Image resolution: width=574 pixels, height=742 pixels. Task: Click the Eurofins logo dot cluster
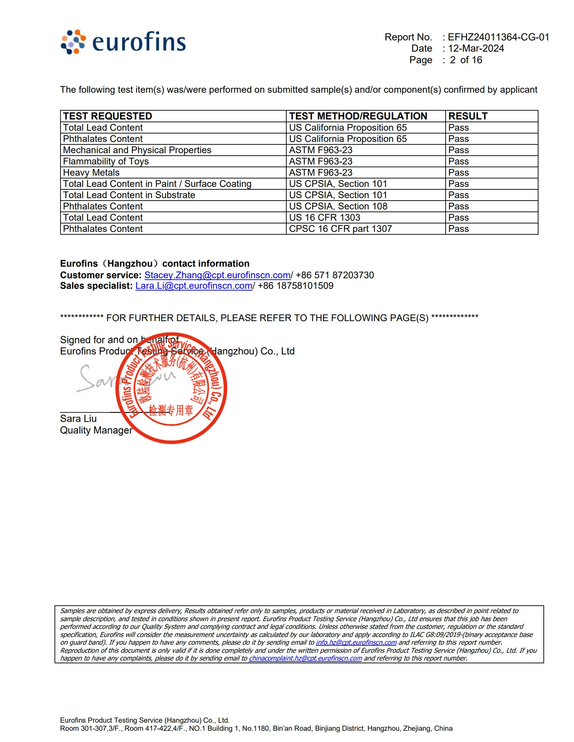pos(73,42)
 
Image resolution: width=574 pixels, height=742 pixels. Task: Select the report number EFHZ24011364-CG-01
pos(498,37)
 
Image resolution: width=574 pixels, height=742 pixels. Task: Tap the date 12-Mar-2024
pos(476,48)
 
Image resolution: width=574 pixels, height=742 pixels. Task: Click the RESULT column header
pos(468,116)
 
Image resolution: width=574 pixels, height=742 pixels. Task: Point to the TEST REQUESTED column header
pos(108,116)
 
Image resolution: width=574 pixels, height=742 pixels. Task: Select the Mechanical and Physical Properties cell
pos(137,150)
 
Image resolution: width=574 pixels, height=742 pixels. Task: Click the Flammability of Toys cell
pos(106,162)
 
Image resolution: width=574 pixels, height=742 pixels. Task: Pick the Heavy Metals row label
pos(91,173)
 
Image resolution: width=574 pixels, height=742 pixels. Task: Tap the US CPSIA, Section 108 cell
pos(338,207)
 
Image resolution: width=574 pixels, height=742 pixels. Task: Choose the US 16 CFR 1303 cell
pos(325,218)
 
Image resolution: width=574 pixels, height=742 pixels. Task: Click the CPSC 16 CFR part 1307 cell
pos(340,229)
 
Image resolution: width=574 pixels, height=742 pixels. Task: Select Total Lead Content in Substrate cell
pos(129,195)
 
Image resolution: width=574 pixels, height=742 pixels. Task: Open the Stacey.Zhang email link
pos(218,275)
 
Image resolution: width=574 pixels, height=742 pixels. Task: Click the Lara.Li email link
pos(194,286)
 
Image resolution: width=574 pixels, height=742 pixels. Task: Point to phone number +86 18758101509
pos(295,286)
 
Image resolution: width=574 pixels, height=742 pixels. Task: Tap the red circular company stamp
pos(171,388)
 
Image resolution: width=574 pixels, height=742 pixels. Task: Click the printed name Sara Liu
pos(78,419)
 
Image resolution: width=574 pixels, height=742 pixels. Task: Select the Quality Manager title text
pos(96,430)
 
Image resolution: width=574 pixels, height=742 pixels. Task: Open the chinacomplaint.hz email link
pos(305,658)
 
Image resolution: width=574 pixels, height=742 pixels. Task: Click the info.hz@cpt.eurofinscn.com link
pos(356,643)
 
